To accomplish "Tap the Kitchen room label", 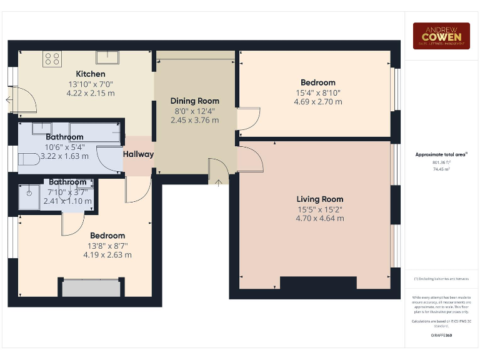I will (91, 74).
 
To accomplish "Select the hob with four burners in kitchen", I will (52, 59).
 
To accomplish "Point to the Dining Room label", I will (195, 101).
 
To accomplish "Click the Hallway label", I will (138, 154).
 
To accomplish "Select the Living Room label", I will (319, 199).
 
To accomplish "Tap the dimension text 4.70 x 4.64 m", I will (319, 219).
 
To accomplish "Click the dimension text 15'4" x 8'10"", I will (317, 92).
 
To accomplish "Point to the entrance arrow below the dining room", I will (218, 182).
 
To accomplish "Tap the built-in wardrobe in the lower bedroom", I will (91, 288).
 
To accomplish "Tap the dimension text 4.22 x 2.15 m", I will (91, 93).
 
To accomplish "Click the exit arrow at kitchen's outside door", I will (9, 99).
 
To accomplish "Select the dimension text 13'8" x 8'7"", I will (107, 246).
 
